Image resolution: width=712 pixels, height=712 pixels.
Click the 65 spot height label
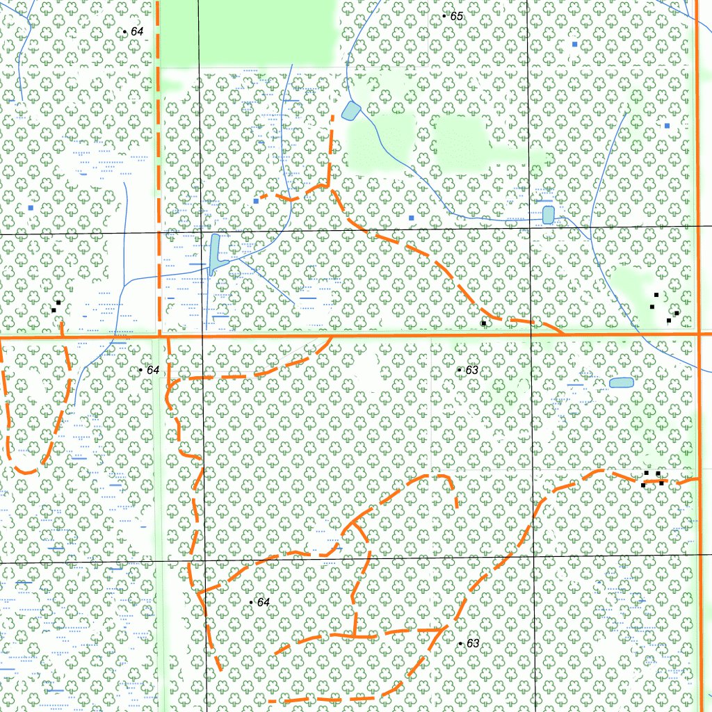[x=457, y=16]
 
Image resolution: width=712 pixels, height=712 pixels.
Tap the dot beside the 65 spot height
[x=444, y=15]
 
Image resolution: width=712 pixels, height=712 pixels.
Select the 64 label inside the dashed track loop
[x=263, y=602]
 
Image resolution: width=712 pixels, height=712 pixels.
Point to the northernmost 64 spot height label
[x=137, y=32]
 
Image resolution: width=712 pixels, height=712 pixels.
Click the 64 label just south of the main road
[x=153, y=370]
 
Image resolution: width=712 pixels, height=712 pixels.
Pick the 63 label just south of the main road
[x=471, y=370]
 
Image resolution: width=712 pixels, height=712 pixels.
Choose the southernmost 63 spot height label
[x=473, y=644]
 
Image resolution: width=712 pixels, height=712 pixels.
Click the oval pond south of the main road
[x=621, y=382]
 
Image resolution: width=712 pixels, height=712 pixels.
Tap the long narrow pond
[x=214, y=254]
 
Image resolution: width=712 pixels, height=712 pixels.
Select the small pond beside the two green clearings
[x=351, y=111]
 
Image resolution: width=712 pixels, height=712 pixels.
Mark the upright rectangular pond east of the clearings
[x=548, y=214]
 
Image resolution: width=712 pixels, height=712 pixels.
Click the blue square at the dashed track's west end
[x=256, y=201]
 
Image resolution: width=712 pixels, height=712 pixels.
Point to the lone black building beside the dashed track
[x=483, y=323]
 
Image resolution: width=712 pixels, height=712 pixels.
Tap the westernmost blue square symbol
[x=31, y=207]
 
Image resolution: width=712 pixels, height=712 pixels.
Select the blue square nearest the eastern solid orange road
[x=667, y=126]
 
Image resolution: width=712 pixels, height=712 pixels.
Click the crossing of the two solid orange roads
[x=697, y=334]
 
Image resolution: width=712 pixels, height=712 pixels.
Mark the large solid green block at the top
[x=247, y=33]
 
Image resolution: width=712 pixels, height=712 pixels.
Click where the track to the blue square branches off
[x=327, y=186]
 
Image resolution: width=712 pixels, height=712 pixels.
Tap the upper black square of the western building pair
[x=59, y=302]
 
